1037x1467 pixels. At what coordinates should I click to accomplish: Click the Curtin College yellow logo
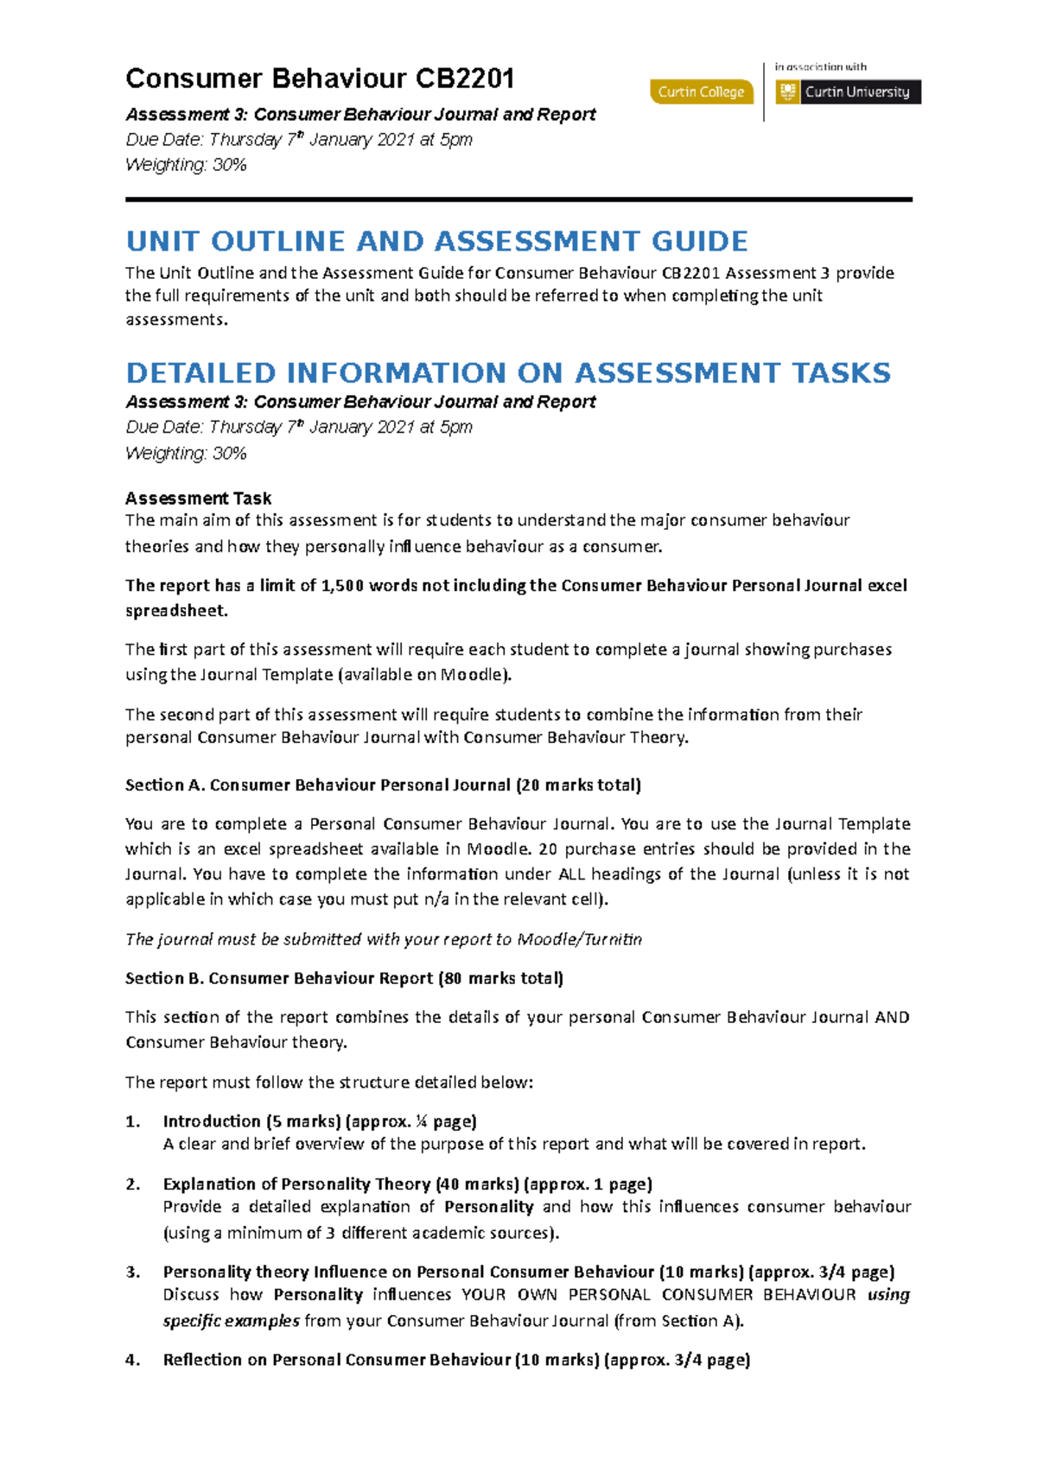pyautogui.click(x=701, y=92)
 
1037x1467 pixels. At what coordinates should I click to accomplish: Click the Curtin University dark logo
pyautogui.click(x=848, y=92)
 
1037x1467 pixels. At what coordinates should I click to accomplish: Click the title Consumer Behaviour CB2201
pyautogui.click(x=320, y=79)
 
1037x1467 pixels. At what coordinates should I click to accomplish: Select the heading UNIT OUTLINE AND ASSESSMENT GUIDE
pyautogui.click(x=436, y=241)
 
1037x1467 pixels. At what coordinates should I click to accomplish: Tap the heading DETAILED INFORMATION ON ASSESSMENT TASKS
pyautogui.click(x=507, y=373)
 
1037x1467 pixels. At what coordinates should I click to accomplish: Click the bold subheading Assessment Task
pyautogui.click(x=198, y=499)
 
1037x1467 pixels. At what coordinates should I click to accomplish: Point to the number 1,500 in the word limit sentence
pyautogui.click(x=341, y=586)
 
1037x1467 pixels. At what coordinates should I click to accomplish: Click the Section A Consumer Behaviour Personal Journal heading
pyautogui.click(x=383, y=785)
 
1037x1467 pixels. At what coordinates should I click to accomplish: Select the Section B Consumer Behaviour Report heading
pyautogui.click(x=344, y=979)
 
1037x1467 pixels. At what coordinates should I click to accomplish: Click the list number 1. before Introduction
pyautogui.click(x=132, y=1122)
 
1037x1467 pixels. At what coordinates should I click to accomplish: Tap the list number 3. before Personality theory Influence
pyautogui.click(x=132, y=1273)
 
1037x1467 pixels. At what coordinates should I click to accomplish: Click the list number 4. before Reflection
pyautogui.click(x=132, y=1361)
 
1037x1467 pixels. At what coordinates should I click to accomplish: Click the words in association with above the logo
pyautogui.click(x=820, y=67)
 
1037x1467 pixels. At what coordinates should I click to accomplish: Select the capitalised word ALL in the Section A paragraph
pyautogui.click(x=571, y=874)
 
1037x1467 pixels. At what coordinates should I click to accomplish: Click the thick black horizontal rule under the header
pyautogui.click(x=518, y=200)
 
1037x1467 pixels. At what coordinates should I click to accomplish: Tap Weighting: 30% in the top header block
pyautogui.click(x=186, y=165)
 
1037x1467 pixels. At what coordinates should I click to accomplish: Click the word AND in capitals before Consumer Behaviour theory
pyautogui.click(x=892, y=1018)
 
